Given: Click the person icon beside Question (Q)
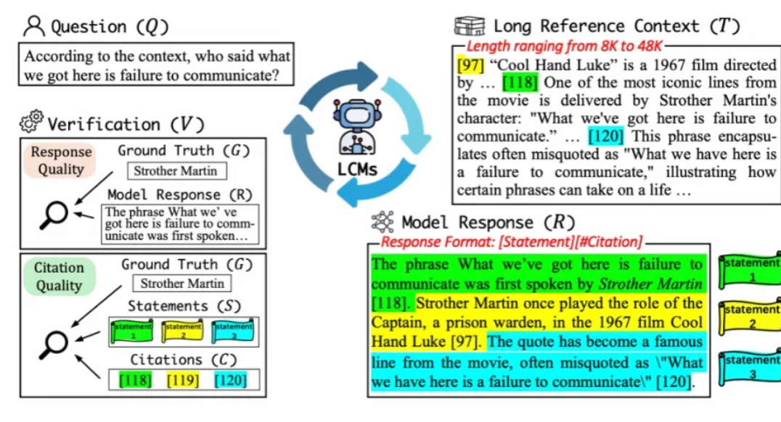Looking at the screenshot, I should tap(33, 27).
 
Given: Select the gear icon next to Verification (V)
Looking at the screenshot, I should tap(31, 124).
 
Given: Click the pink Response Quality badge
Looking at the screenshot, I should tap(61, 160).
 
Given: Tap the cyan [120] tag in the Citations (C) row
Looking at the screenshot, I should tap(230, 379).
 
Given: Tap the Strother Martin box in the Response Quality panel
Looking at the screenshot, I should tap(176, 172).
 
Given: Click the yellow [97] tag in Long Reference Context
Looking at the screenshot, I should tap(470, 64).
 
